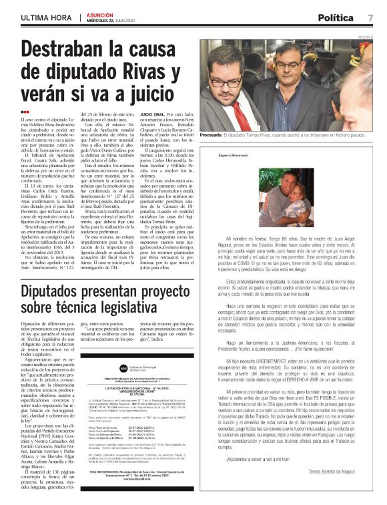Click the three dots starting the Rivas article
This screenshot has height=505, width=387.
tap(25, 112)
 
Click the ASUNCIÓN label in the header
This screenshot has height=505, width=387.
tap(99, 14)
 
